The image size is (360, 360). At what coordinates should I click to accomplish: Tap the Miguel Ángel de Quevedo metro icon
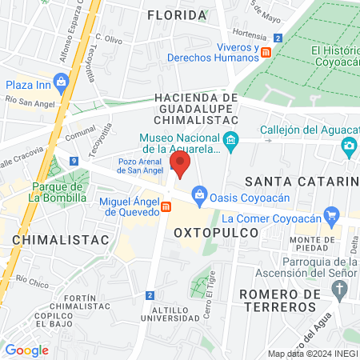[x=166, y=207]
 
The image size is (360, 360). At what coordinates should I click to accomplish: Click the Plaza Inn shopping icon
[x=62, y=82]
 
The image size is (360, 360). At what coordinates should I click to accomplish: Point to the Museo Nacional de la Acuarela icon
[x=231, y=142]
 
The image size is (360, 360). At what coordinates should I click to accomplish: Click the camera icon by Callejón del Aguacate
[x=349, y=145]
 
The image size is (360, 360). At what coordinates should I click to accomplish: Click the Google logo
[x=26, y=350]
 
